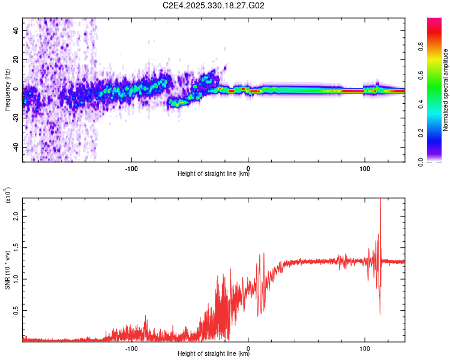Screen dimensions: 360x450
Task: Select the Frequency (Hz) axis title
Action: click(7, 89)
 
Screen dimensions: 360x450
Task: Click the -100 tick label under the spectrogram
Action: click(132, 167)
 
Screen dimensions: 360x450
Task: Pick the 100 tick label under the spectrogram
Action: click(365, 167)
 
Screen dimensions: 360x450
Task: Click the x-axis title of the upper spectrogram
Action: click(214, 174)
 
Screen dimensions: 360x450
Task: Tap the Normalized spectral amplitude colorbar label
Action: click(445, 90)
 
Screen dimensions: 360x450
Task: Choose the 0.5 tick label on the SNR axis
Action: click(17, 310)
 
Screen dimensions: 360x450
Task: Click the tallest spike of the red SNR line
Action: click(380, 200)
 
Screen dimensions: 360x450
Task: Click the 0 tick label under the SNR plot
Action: click(248, 347)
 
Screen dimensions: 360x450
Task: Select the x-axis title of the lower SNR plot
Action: click(214, 354)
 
